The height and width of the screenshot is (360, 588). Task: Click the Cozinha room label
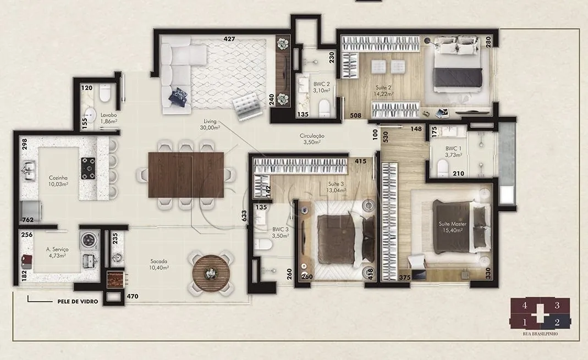point(58,178)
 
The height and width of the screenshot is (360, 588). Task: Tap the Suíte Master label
point(453,224)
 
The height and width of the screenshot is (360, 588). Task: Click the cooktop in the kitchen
point(89,169)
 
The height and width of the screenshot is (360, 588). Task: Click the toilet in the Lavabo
point(105,93)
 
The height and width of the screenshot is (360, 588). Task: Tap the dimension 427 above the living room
point(229,39)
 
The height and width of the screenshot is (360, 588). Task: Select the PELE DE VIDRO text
point(78,301)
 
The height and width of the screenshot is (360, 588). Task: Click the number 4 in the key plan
point(525,306)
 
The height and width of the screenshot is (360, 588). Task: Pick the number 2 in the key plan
point(557,322)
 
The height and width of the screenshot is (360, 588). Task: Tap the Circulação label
point(312,136)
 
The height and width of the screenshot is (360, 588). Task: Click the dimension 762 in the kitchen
point(28,220)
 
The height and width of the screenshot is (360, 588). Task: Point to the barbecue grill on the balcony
point(116,279)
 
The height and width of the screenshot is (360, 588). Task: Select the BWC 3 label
point(281,229)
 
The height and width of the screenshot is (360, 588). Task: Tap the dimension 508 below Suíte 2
point(355,115)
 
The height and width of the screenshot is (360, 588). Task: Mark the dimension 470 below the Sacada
point(133,296)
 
